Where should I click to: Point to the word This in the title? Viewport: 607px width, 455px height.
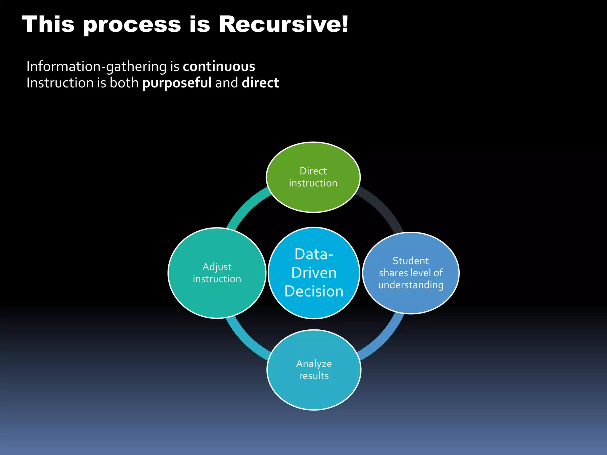point(48,24)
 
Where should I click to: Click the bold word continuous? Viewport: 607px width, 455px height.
point(219,66)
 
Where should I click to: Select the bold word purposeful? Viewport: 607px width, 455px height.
point(177,83)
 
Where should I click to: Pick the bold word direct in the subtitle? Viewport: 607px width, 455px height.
point(260,83)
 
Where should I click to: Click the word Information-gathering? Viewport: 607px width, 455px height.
point(97,67)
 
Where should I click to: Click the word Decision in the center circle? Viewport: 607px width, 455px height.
point(314,291)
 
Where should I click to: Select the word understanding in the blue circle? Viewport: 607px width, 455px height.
point(411,285)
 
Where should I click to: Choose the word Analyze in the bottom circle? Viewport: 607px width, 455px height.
point(314,363)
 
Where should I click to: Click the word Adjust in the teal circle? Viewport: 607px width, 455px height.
point(217,267)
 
